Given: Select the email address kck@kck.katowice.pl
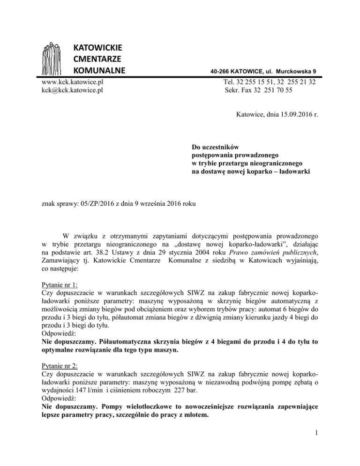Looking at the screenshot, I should [72, 90].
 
